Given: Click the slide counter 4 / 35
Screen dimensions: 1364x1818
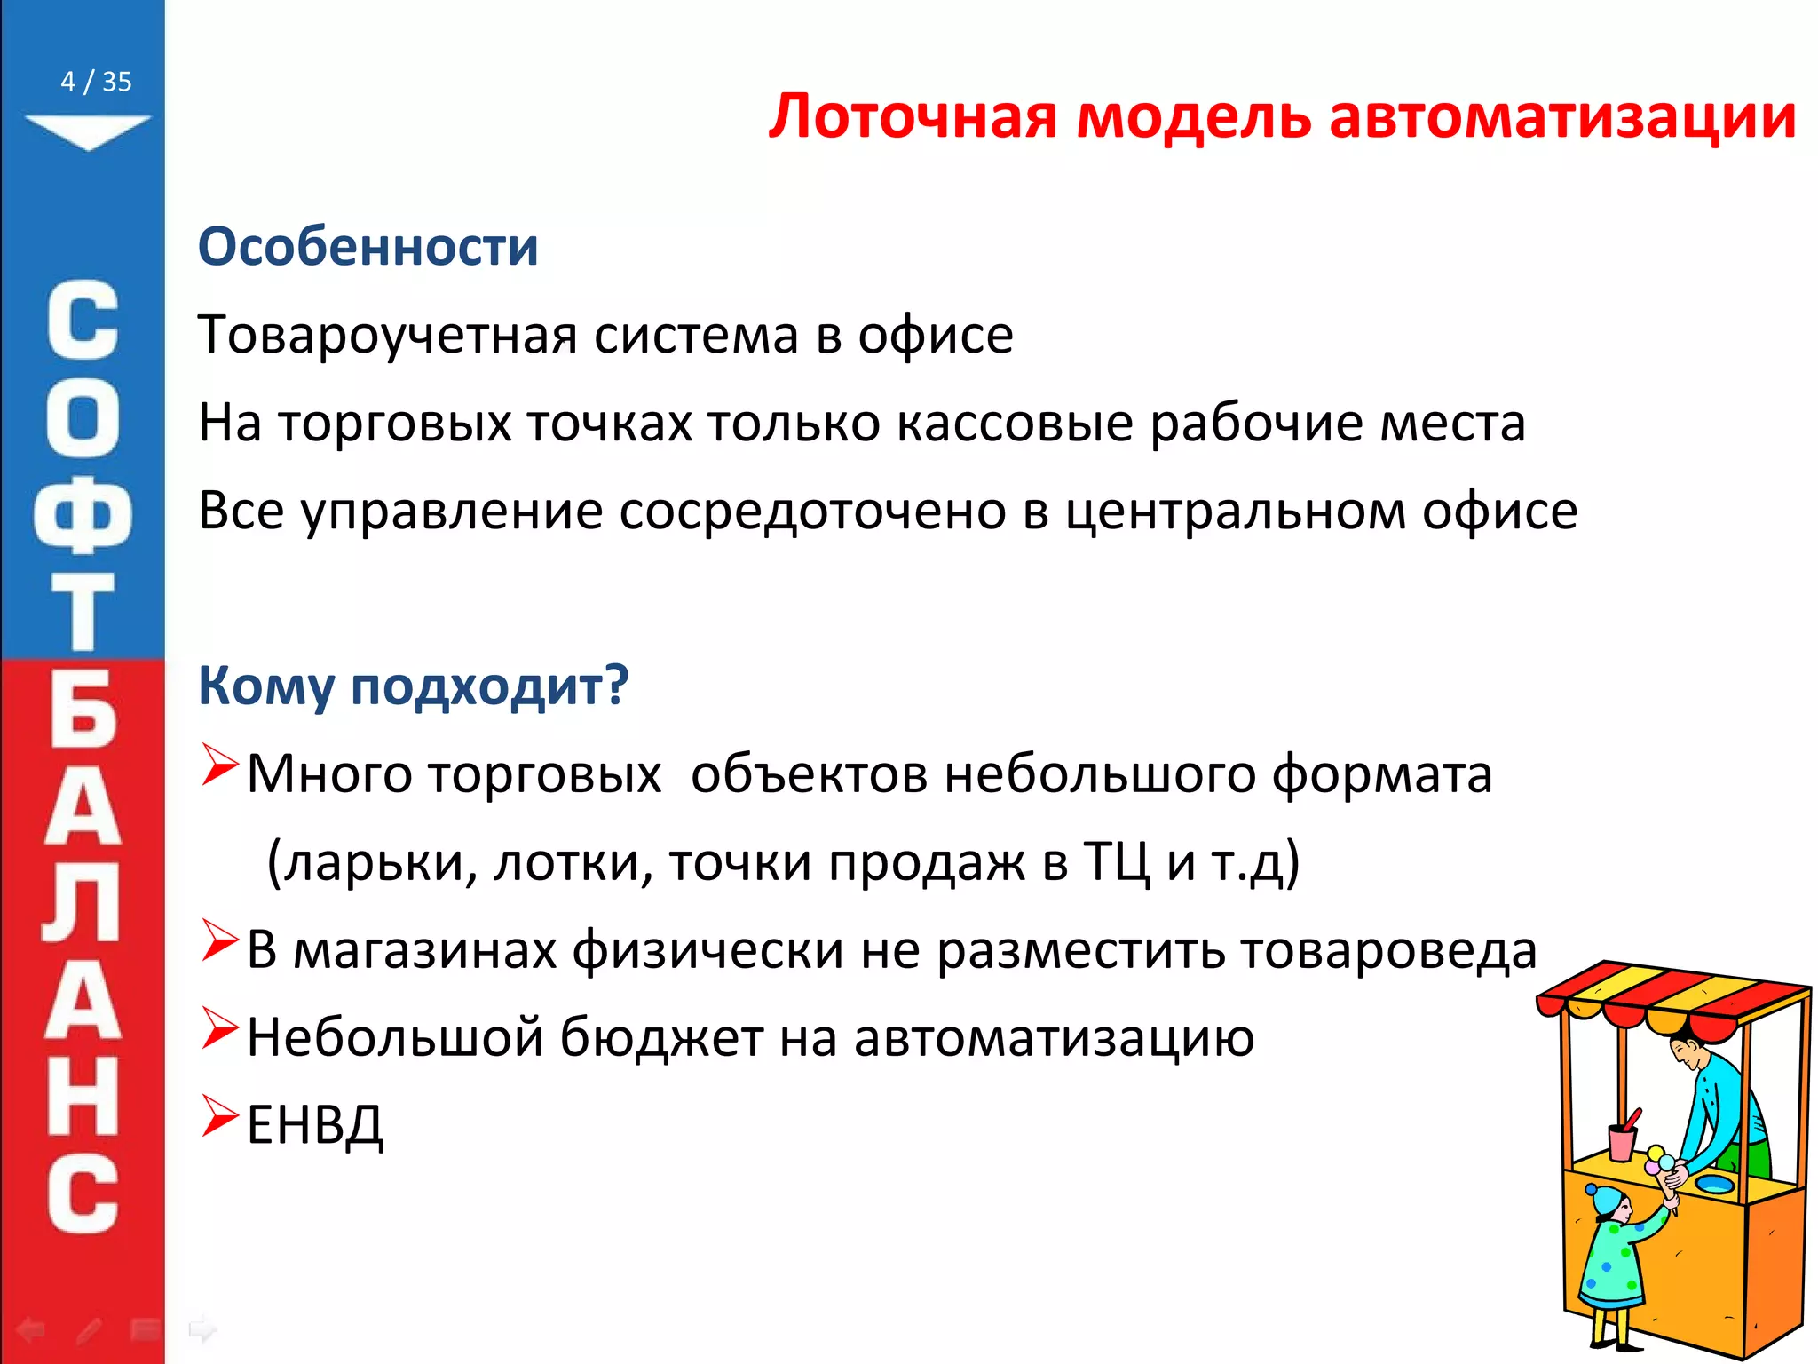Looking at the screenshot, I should click(96, 82).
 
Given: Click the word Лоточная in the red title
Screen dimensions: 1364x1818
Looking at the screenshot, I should click(913, 116).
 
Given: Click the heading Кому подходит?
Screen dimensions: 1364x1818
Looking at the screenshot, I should click(413, 686).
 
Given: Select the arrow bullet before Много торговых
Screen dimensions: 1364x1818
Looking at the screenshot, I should click(219, 765).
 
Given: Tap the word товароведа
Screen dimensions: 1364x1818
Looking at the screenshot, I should click(1388, 949).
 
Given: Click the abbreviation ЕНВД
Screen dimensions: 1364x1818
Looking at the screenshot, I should click(315, 1125).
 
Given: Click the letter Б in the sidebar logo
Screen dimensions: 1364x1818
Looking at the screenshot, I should click(83, 710).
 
